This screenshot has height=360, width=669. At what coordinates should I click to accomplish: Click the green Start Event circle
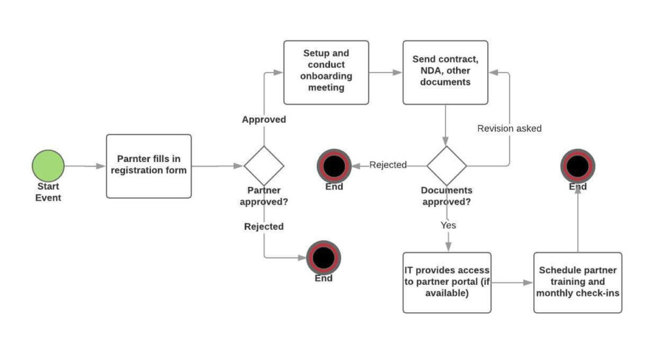point(48,165)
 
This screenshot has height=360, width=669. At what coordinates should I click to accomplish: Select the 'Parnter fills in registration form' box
point(149,166)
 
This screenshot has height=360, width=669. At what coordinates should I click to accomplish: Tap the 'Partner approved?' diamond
point(264,165)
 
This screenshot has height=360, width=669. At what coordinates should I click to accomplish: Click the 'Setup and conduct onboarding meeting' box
point(326,72)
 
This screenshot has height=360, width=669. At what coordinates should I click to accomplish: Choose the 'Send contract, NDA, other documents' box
point(445,72)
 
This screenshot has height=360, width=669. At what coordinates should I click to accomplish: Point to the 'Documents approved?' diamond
point(447,165)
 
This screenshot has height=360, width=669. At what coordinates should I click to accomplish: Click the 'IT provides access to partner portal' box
point(447,282)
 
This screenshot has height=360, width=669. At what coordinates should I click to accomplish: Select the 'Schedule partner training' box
point(578,282)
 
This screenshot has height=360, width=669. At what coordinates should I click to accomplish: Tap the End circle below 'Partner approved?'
point(323,257)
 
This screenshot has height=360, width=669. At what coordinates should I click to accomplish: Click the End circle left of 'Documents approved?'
point(334,166)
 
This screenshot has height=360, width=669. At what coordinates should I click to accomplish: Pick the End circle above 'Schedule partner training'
point(578,166)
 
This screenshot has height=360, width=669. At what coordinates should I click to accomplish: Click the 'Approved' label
point(264,120)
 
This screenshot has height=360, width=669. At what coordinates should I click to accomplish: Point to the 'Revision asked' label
point(509,129)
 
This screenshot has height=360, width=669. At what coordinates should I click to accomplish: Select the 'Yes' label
point(448,225)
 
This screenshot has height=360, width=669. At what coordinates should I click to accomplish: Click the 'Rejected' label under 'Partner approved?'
point(264,227)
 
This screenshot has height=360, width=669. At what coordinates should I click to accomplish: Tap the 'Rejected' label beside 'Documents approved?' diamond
point(388,165)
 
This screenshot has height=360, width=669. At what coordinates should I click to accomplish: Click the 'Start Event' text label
point(48,192)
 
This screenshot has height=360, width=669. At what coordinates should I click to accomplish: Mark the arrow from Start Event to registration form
point(85,166)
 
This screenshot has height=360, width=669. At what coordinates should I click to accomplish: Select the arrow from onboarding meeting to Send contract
point(385,73)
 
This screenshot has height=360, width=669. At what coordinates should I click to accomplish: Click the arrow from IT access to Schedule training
point(512,283)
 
